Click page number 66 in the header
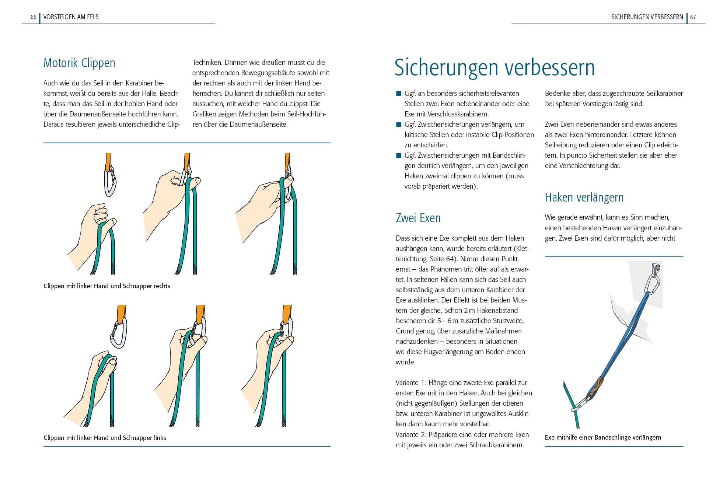[33, 17]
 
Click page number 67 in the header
[693, 17]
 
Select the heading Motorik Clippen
[79, 63]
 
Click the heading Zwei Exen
[418, 218]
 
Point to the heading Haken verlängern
[584, 197]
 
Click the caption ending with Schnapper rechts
[106, 286]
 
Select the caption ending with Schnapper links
[105, 438]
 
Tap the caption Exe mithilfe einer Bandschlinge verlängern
[603, 438]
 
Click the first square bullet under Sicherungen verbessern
[398, 94]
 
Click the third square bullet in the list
[398, 155]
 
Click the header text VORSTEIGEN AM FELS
[71, 17]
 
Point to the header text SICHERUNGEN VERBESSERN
[647, 17]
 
